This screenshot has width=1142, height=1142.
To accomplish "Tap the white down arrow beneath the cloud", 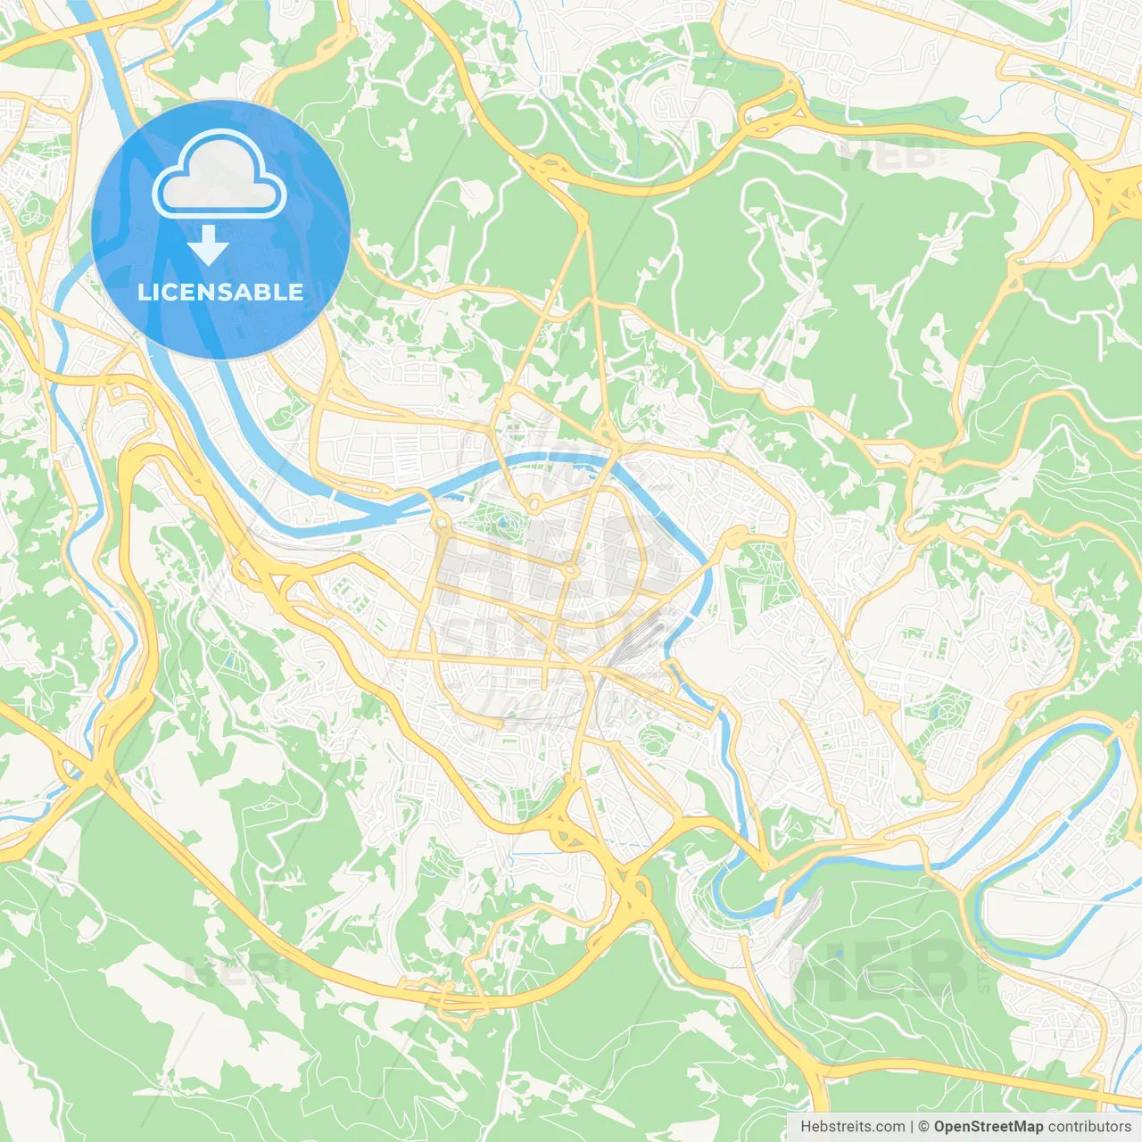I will point(208,245).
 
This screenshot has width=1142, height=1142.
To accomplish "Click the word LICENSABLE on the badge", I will point(220,292).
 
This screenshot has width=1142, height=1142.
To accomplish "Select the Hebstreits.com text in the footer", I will point(852,1127).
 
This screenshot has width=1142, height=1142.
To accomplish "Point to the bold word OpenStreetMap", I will point(989,1127).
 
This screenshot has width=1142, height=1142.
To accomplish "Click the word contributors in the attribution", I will point(1089,1127).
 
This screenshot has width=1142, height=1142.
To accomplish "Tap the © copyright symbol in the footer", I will point(924,1127).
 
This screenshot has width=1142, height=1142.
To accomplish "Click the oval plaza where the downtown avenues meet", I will point(568,568).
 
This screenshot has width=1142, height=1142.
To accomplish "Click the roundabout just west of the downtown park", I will point(442,522).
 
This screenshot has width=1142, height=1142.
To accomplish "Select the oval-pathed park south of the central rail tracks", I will point(656,739).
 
